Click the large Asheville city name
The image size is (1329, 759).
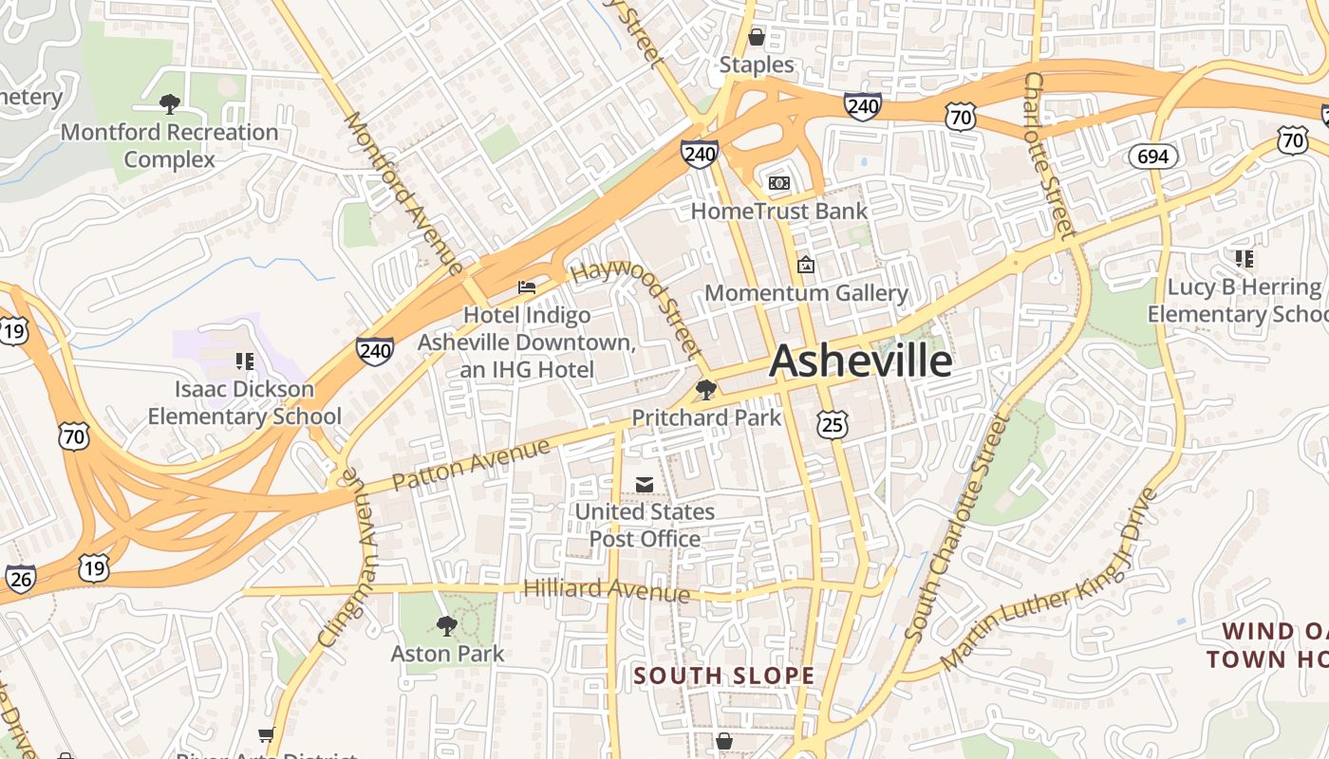860,361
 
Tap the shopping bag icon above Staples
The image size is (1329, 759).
757,38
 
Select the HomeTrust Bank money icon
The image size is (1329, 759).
779,183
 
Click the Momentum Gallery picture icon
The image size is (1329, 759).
806,265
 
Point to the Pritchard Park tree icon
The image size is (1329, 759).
705,389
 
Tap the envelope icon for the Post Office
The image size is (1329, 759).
645,485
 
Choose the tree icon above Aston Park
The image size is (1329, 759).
446,625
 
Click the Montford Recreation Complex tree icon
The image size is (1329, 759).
170,103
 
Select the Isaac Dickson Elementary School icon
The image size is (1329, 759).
245,361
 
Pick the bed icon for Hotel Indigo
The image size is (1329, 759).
526,287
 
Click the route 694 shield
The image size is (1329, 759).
1152,157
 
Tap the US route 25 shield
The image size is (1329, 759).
832,424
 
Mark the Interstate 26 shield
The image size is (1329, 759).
20,579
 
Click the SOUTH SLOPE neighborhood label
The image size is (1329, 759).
723,676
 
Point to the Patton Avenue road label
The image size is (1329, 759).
471,464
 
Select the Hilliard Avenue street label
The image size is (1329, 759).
607,589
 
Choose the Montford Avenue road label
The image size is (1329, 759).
402,194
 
